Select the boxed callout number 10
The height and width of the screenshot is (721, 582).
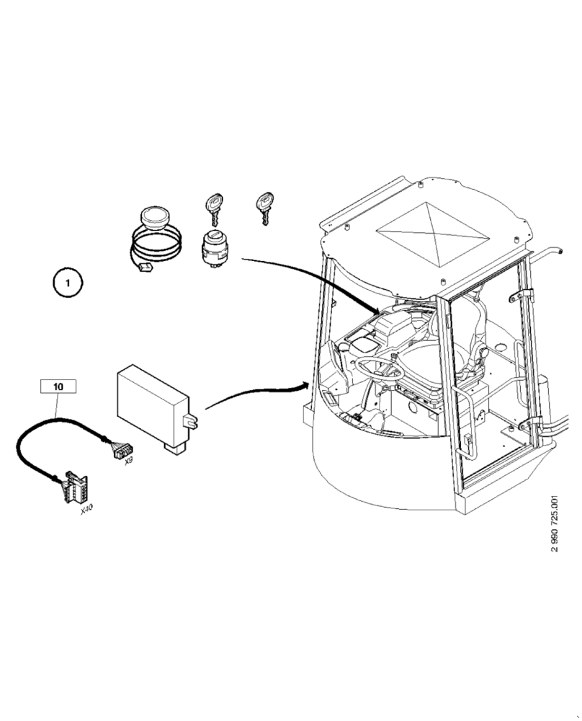coord(58,387)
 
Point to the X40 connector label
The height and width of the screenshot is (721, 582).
coord(86,509)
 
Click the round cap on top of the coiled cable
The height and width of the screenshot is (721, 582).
coord(153,216)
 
